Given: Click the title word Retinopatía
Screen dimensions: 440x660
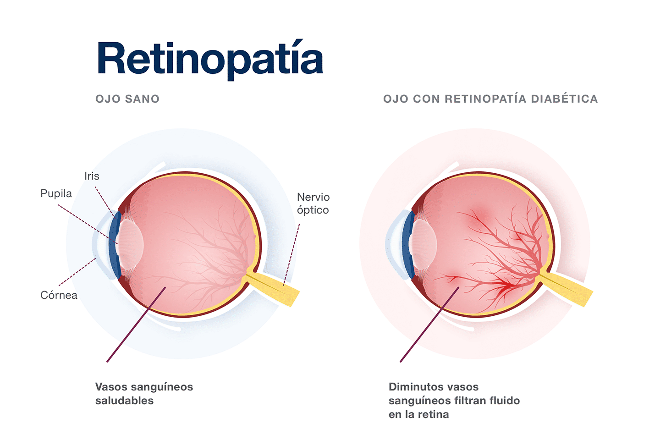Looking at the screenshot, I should point(210,59).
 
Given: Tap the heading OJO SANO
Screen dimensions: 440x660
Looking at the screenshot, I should point(127,99).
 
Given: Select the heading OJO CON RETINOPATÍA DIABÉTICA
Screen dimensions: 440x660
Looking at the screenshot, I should point(490,99).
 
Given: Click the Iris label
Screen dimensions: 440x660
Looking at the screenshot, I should point(92,176).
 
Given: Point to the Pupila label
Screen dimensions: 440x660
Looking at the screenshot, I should point(56,193).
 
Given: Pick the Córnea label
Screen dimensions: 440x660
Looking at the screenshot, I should point(59,295).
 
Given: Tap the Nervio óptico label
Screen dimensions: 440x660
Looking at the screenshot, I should point(313,203).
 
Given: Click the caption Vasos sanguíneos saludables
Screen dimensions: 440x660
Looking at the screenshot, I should point(144,394).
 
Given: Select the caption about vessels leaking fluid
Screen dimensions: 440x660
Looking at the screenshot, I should point(454,401).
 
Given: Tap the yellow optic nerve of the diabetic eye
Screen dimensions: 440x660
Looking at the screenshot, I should point(568,288).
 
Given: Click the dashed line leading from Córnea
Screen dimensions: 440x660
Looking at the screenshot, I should point(77,272).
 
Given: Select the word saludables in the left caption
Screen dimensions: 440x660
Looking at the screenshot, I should point(124,401).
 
